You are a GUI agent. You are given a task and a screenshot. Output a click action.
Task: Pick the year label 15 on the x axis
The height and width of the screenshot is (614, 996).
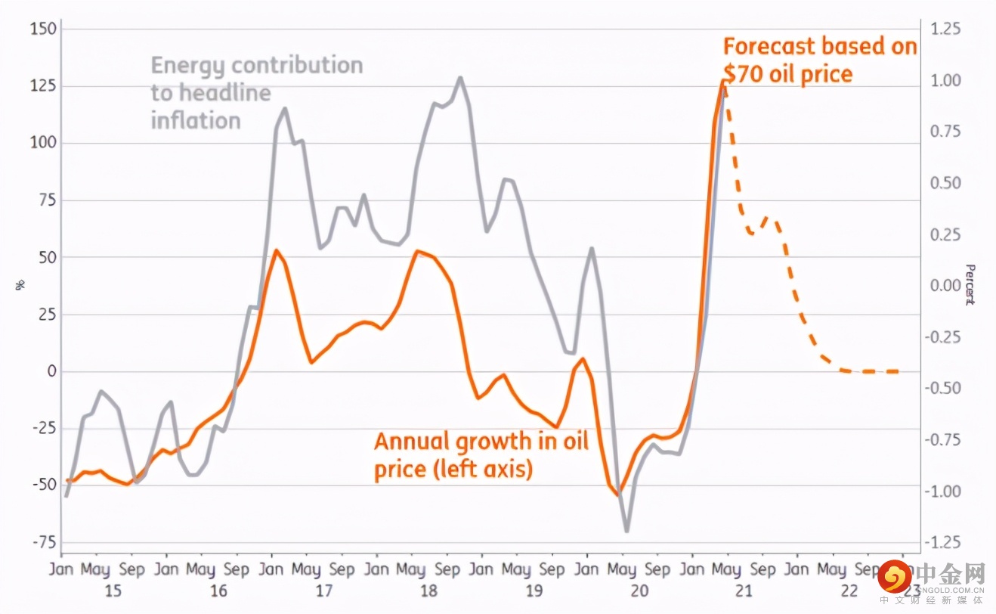[113, 590]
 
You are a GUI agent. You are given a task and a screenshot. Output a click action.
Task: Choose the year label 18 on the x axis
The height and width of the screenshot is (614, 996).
[429, 590]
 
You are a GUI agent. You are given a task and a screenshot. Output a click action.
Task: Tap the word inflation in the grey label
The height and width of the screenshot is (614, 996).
[196, 119]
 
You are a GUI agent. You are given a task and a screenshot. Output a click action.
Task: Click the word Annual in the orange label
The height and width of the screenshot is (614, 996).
[412, 441]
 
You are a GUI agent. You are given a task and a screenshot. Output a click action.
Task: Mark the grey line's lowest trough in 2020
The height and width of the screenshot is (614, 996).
[626, 531]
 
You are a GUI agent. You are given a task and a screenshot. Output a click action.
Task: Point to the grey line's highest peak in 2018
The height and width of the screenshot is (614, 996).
[460, 77]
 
